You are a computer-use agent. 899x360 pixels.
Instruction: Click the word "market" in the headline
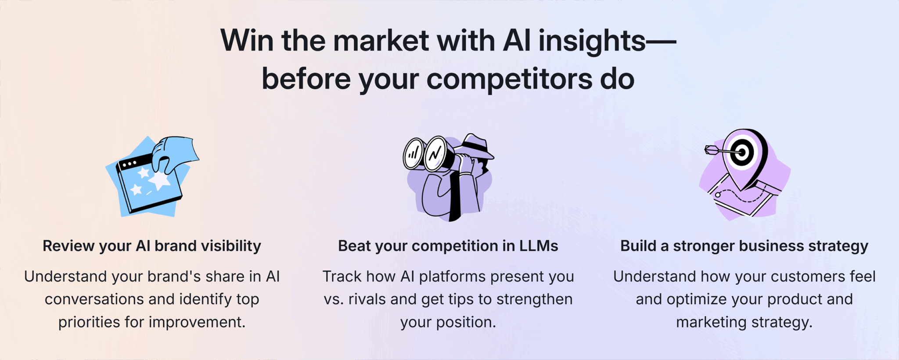tap(380, 40)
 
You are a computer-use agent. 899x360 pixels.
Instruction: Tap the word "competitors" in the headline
tap(509, 79)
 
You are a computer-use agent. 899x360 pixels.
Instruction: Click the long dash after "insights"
tap(661, 41)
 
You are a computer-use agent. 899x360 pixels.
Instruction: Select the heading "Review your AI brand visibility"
tap(151, 246)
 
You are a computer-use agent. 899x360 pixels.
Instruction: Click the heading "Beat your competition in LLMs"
tap(448, 246)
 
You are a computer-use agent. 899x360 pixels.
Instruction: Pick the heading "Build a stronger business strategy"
tap(744, 246)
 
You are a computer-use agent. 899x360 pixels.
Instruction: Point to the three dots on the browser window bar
tap(129, 164)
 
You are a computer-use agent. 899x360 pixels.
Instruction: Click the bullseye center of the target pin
tap(742, 152)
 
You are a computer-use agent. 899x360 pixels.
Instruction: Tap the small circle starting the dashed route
tap(718, 194)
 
